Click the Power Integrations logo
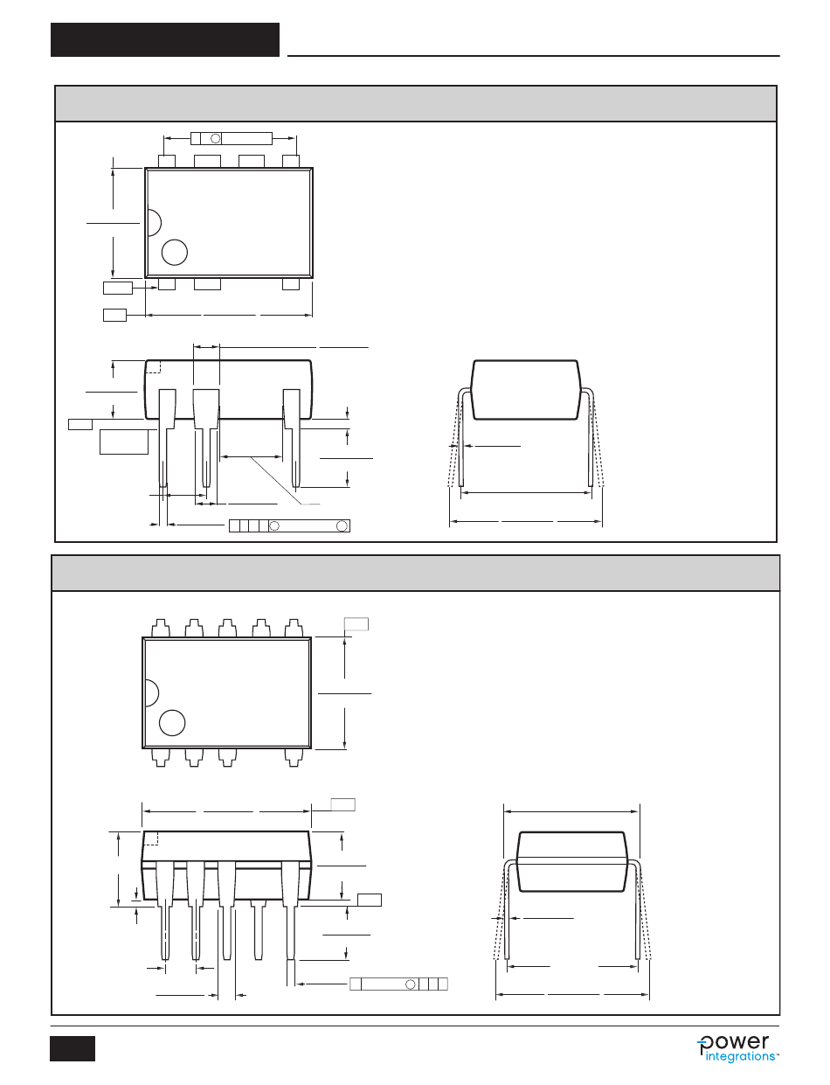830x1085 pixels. (x=737, y=1047)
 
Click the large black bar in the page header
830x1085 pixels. (x=165, y=39)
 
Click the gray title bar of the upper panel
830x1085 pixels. (x=416, y=103)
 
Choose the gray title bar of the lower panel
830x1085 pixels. (x=416, y=573)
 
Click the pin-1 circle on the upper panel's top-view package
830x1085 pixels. (x=175, y=252)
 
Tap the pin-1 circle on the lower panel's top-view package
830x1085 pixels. (x=173, y=723)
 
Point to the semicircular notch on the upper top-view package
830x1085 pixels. (x=153, y=222)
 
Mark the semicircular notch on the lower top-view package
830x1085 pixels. (x=151, y=693)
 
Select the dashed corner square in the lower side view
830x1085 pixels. (x=150, y=838)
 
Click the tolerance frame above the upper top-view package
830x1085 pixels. (x=232, y=138)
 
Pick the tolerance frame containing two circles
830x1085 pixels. (x=289, y=525)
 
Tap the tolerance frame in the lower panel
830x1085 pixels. (x=398, y=984)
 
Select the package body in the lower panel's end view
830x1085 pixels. (x=573, y=861)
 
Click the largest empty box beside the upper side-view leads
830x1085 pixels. (x=124, y=442)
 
